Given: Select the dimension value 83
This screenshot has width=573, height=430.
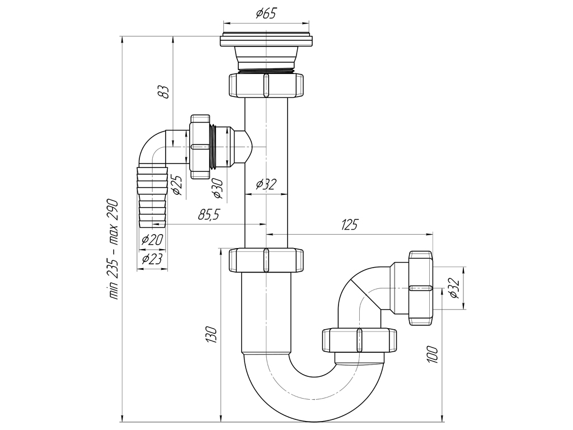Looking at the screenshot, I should click(163, 91).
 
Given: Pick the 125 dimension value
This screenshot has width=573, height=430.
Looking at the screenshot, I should click(349, 225).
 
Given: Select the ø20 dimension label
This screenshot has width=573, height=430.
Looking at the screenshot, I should click(152, 240).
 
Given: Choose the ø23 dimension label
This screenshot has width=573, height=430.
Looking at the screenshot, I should click(152, 259).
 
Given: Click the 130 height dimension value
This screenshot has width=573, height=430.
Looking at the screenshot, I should click(212, 334).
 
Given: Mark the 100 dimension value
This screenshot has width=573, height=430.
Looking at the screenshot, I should click(433, 354).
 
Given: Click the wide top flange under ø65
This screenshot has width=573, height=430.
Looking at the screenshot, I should click(266, 41).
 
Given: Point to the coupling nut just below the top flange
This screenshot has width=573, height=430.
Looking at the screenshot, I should click(266, 85).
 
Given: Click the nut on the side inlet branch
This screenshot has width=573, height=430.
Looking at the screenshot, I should click(199, 147).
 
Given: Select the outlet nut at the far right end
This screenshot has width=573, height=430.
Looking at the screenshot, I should click(421, 287).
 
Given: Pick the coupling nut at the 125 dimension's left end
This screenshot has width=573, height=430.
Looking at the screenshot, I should click(266, 260).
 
